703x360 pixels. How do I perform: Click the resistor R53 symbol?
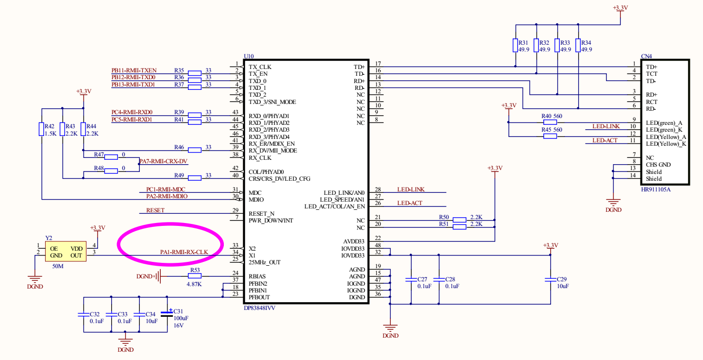pos(195,276)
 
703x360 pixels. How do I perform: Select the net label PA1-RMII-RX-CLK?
pos(184,252)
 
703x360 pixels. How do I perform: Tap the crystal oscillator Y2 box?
pos(66,252)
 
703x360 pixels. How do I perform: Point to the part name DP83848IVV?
pos(263,308)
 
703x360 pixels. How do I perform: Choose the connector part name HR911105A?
pos(655,189)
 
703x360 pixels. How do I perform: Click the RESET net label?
pos(155,210)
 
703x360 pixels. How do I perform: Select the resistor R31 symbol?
pos(516,46)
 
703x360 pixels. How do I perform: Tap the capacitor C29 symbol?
pos(550,279)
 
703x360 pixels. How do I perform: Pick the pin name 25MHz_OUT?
pos(265,262)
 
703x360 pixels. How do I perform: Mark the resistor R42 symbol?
pos(42,129)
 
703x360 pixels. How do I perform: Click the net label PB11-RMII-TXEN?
pos(134,70)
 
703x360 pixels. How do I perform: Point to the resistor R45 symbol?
pos(550,137)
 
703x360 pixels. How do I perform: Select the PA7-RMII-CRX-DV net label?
pos(163,161)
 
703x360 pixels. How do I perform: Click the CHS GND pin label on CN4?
pos(658,165)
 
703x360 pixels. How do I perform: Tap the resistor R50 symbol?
pos(459,220)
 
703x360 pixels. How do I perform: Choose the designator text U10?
pos(248,56)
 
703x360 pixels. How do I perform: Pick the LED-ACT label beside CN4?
pos(605,141)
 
